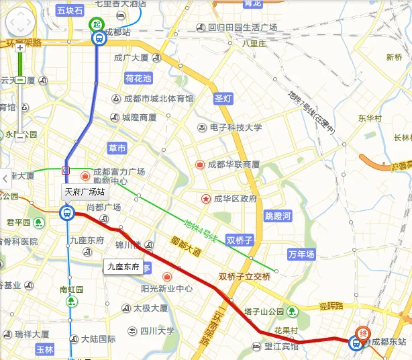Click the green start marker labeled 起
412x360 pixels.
coord(97,25)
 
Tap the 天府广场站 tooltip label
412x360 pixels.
coord(84,191)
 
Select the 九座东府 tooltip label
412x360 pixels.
coord(123,267)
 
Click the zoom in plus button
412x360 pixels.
coord(20,48)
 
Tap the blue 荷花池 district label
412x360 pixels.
coord(139,79)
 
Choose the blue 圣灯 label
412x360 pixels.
coord(223,98)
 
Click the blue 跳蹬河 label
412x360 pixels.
coord(278,216)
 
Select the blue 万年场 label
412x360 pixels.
coord(301,255)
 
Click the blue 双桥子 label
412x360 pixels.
coord(240,240)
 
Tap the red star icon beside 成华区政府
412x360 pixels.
coord(206,199)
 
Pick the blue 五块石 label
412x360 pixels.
coord(70,11)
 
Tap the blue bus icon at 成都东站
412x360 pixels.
coord(354,343)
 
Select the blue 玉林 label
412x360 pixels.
coord(45,349)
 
